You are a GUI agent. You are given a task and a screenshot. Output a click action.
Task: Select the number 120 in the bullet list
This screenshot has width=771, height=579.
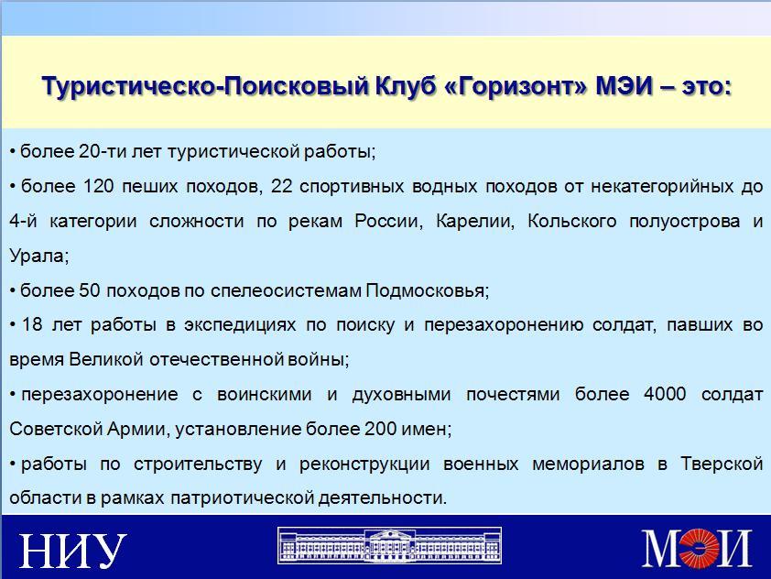click(x=98, y=186)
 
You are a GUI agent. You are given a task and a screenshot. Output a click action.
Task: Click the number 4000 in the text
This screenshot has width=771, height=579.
click(x=664, y=394)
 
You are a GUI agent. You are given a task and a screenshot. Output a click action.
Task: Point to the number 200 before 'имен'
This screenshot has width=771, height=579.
click(x=380, y=429)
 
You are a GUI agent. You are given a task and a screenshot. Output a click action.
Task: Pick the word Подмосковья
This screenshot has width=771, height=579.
click(x=428, y=290)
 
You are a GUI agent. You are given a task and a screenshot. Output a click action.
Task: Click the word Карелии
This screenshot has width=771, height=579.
click(x=475, y=222)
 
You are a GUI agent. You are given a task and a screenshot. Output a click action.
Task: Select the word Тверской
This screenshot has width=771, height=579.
click(x=722, y=464)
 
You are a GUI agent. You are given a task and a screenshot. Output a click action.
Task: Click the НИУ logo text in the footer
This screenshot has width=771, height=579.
click(x=72, y=550)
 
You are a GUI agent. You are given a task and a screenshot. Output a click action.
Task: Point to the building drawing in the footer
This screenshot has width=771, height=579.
click(x=389, y=545)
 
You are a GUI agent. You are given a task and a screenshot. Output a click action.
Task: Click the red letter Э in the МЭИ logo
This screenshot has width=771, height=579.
click(x=699, y=547)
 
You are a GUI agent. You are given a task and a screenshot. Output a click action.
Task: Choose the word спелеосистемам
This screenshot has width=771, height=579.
click(x=286, y=291)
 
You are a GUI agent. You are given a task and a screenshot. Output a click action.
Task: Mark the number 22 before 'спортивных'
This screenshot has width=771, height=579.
click(x=282, y=186)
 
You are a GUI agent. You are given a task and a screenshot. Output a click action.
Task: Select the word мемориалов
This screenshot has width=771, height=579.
click(x=588, y=464)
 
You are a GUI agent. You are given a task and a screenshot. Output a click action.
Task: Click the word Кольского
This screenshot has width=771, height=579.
click(x=572, y=222)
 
